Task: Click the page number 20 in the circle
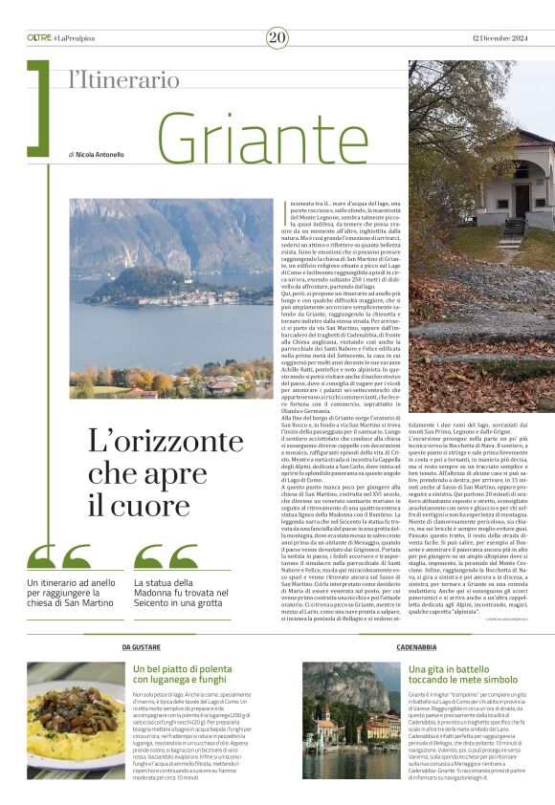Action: coord(277,37)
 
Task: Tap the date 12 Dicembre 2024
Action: coord(499,37)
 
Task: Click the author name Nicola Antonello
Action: coord(99,154)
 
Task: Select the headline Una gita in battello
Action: coord(462,675)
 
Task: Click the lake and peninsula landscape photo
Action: coord(170,297)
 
